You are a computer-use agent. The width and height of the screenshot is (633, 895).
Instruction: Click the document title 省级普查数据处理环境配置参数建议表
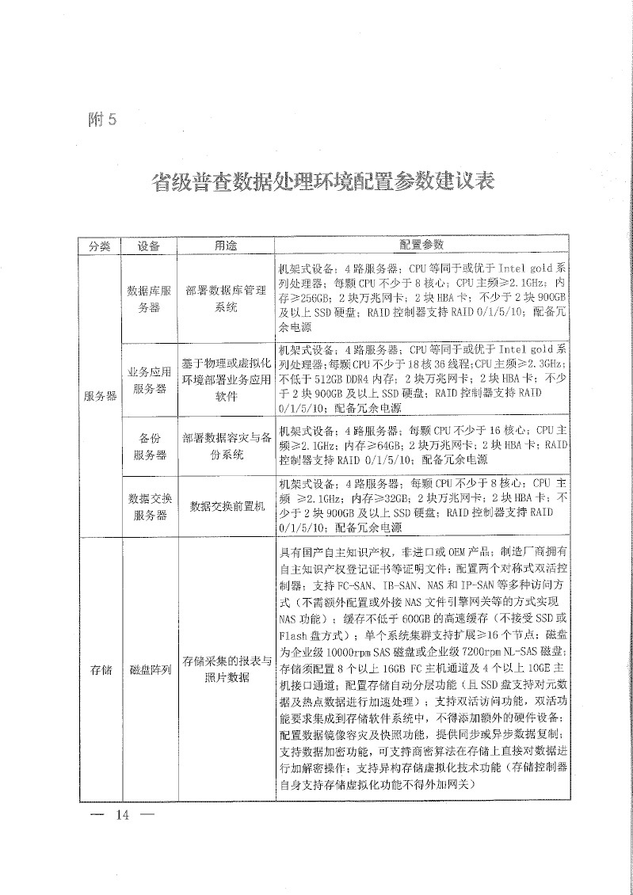tap(322, 181)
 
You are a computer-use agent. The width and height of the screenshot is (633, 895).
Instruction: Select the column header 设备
tap(149, 246)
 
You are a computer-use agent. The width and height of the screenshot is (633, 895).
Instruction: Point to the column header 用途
tap(225, 246)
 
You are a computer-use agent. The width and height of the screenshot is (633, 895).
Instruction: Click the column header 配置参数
tap(421, 245)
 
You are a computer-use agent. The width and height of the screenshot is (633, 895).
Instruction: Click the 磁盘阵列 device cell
tap(149, 670)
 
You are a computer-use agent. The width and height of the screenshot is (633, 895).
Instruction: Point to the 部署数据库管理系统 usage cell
tap(225, 299)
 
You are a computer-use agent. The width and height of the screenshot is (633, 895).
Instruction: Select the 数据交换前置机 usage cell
tap(225, 507)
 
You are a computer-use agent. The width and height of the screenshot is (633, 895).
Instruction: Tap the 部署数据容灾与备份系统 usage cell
tap(225, 446)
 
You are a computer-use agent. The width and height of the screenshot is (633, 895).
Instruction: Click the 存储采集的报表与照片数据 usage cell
tap(225, 669)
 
